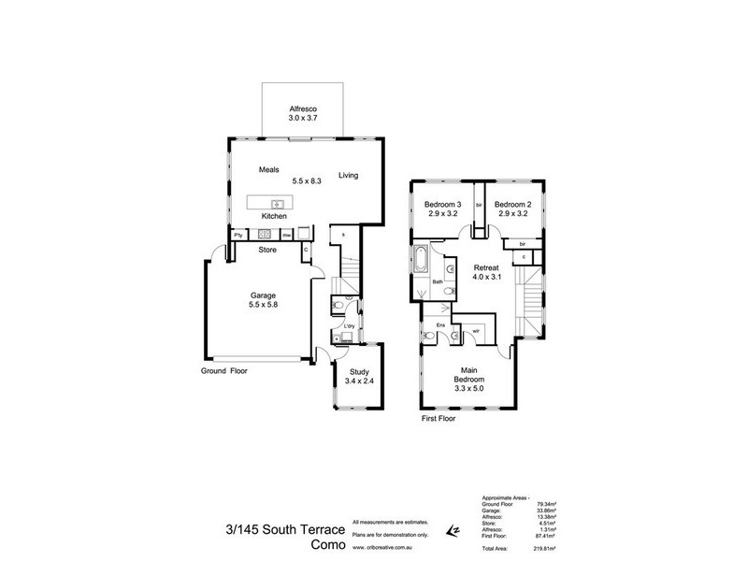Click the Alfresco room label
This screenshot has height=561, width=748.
303,108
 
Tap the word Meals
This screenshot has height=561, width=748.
270,170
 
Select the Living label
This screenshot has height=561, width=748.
348,175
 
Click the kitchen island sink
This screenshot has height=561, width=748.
278,203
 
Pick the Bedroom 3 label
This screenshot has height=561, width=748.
443,205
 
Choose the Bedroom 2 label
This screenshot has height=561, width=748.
513,205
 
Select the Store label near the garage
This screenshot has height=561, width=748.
267,250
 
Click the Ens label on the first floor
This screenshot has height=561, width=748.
440,325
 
